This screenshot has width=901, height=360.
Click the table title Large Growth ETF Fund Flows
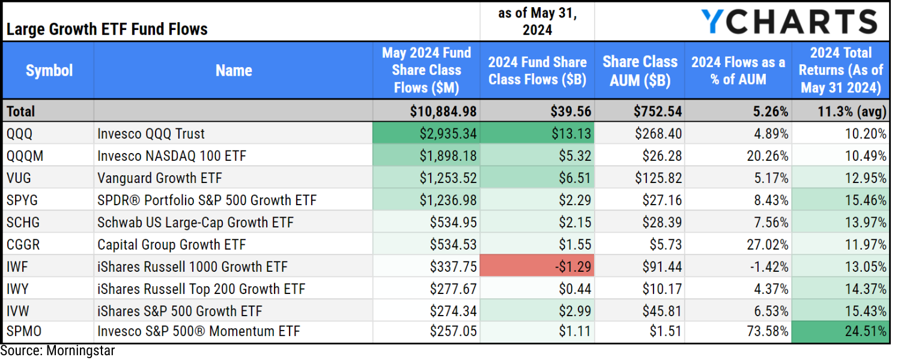(107, 29)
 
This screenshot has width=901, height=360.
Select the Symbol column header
(49, 71)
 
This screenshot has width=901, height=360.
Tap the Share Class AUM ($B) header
(640, 71)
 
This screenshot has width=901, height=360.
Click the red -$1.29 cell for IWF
(537, 267)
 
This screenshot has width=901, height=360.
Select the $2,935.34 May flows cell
(426, 134)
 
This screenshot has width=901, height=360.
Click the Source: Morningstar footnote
(58, 351)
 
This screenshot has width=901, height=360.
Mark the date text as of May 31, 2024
(537, 22)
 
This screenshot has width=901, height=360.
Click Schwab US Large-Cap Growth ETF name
(195, 223)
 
